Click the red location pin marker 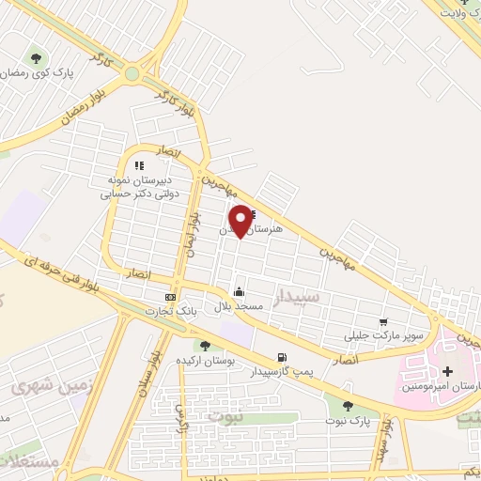(x=241, y=220)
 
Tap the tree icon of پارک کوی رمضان (x=36, y=56)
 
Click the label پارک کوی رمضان (x=37, y=72)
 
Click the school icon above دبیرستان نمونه (x=139, y=166)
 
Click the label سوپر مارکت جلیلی (x=384, y=335)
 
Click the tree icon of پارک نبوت (x=348, y=405)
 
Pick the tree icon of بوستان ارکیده (x=203, y=347)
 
